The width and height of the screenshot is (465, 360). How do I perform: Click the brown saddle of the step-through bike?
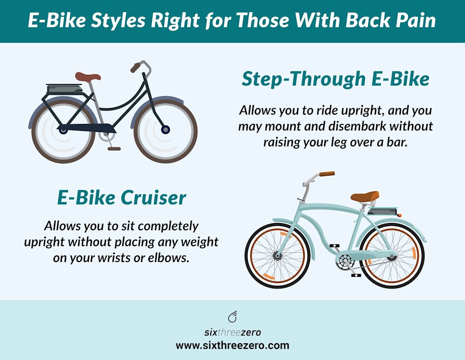tap(88, 77)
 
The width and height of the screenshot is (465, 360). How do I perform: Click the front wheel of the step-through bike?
tap(166, 130)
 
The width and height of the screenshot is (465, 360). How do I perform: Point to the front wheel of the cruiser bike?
tap(278, 255)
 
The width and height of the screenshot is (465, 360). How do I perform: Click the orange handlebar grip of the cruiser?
tap(326, 174)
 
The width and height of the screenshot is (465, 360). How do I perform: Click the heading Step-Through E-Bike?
tap(335, 79)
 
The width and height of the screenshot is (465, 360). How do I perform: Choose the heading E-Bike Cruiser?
tap(122, 198)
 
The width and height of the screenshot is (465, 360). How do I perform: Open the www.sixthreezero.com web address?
tap(232, 346)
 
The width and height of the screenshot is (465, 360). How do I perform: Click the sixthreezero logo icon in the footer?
tap(232, 317)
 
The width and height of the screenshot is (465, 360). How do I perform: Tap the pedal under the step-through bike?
tap(114, 149)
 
